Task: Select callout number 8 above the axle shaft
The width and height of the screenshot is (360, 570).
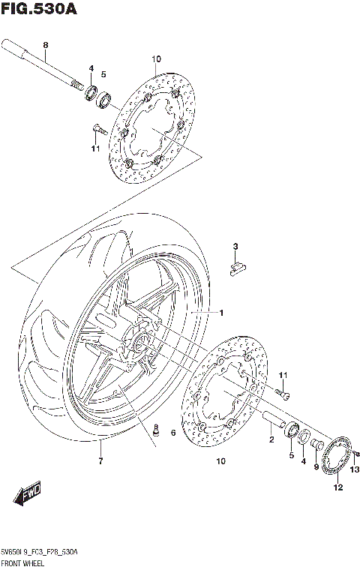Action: [45, 45]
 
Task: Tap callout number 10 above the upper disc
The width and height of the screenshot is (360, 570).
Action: [156, 59]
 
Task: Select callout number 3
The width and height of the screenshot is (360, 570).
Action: [235, 247]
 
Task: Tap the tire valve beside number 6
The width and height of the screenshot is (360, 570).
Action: [157, 433]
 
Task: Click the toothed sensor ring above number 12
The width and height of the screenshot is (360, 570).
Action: [338, 459]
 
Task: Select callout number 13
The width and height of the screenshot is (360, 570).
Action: [355, 469]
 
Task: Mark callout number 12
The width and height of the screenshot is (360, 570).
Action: [338, 487]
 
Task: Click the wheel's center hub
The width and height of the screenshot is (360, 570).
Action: [140, 343]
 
